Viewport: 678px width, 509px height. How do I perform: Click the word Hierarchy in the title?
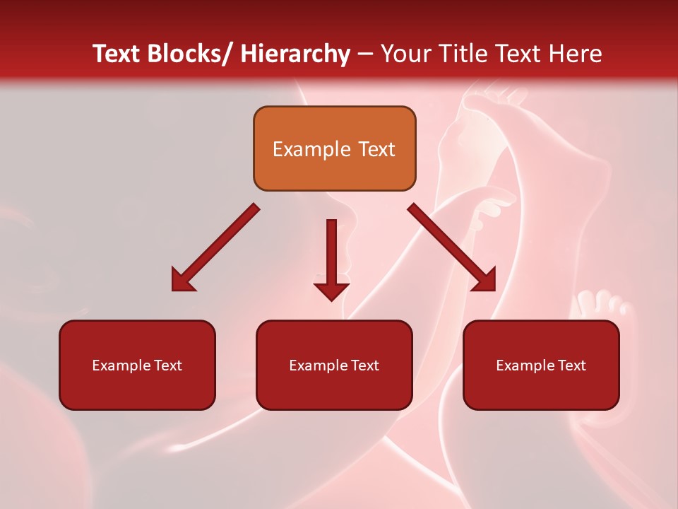295,54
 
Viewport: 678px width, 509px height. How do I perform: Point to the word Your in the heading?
405,54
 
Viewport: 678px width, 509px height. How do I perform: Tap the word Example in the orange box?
311,149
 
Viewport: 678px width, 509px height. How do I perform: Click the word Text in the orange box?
376,149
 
